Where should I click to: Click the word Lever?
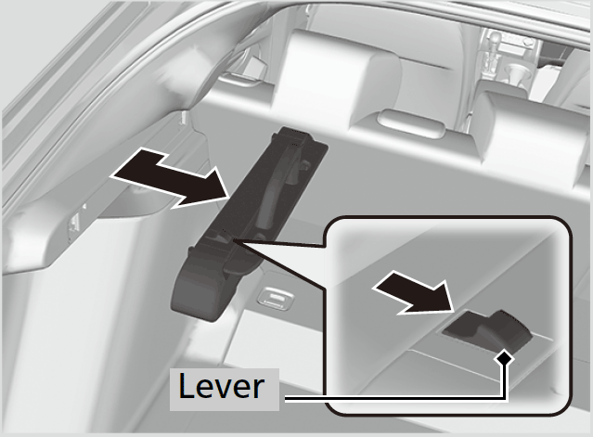pos(221,386)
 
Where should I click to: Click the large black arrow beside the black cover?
pos(171,177)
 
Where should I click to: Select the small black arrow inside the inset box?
pos(414,292)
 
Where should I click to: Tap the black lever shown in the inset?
pos(489,328)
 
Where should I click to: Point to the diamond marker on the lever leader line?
pos(505,357)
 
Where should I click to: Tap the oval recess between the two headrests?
pos(411,123)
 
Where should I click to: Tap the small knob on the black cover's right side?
pos(304,165)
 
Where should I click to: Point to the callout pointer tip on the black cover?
pos(235,240)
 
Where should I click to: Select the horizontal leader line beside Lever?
pos(393,398)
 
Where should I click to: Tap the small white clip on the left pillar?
pos(184,117)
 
